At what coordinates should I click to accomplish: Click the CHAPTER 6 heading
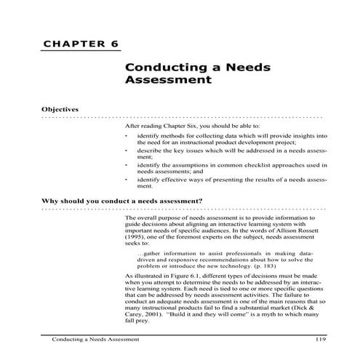coord(80,44)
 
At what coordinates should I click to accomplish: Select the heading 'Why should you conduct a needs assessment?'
coord(121,200)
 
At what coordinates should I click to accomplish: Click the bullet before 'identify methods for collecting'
coord(127,136)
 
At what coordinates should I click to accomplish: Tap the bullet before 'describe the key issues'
coord(127,151)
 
